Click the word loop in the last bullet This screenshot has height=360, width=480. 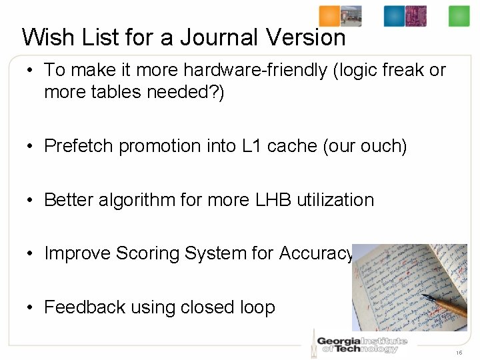coord(257,307)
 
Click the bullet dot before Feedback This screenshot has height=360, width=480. coord(31,308)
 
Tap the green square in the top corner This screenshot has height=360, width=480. coord(459,16)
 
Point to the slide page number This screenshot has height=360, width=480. coord(459,352)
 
